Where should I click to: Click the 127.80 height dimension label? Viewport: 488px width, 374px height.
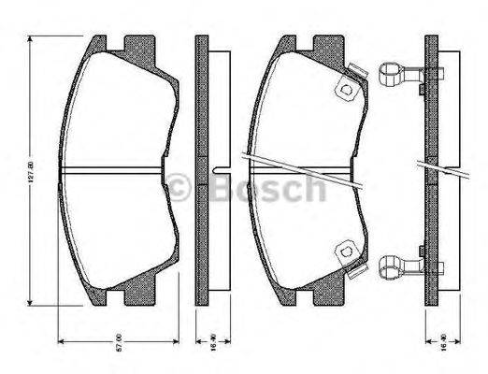coord(30,172)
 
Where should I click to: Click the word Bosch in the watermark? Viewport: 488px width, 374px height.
coord(266,190)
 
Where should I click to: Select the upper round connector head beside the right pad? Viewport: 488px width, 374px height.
coord(390,70)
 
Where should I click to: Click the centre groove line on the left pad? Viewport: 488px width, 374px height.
coord(112,171)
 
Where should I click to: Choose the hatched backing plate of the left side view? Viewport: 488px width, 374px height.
coord(200,112)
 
